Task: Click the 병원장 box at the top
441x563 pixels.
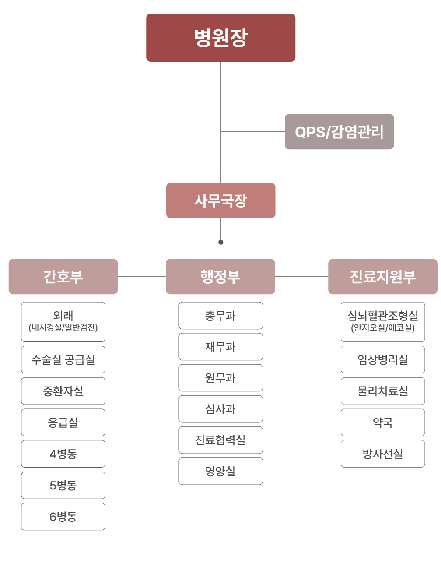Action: [x=220, y=38]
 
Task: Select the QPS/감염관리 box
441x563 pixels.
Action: [x=339, y=132]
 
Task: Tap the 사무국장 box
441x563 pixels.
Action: [x=220, y=200]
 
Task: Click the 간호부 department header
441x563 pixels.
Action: [x=63, y=276]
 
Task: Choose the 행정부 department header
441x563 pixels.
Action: [x=220, y=276]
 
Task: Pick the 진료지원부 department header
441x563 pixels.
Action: [x=383, y=276]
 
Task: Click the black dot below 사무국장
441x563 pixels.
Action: [x=221, y=242]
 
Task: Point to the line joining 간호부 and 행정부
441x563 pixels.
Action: [x=142, y=276]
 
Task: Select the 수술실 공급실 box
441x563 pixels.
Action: [x=63, y=359]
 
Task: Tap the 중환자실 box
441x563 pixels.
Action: [x=63, y=391]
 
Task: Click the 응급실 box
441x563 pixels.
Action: [x=63, y=422]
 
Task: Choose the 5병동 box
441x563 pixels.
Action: [x=63, y=485]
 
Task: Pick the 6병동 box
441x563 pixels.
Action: [x=63, y=516]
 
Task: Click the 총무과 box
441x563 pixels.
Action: [x=220, y=316]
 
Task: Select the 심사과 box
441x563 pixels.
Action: [x=220, y=409]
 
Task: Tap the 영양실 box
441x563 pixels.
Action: [x=220, y=471]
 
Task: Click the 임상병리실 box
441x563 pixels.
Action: [x=383, y=359]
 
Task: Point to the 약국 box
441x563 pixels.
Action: [x=383, y=422]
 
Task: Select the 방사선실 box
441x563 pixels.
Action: [x=383, y=454]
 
